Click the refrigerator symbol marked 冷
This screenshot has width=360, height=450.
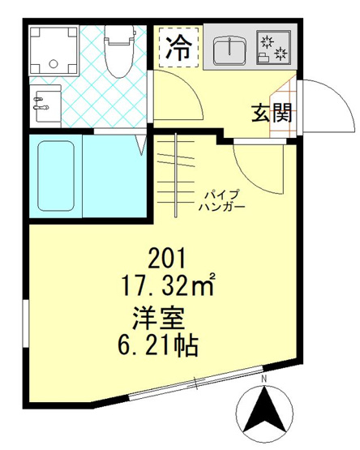click(178, 48)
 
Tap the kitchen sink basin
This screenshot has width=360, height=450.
click(229, 50)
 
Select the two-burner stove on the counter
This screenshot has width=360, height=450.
click(273, 47)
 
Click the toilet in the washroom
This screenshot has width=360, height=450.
click(119, 51)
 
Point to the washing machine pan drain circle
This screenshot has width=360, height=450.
click(54, 63)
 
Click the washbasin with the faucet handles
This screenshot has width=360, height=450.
click(45, 106)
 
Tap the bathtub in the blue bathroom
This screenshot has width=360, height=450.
click(56, 176)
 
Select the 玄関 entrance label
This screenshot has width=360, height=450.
click(272, 113)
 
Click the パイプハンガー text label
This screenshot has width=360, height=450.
click(222, 201)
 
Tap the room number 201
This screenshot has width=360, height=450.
click(168, 258)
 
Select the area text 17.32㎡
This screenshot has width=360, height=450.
click(168, 285)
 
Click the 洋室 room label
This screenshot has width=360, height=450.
click(158, 319)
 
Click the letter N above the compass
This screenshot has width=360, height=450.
click(264, 379)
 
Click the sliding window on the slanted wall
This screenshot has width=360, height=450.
click(195, 383)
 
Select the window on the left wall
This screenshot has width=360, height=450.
click(26, 324)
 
